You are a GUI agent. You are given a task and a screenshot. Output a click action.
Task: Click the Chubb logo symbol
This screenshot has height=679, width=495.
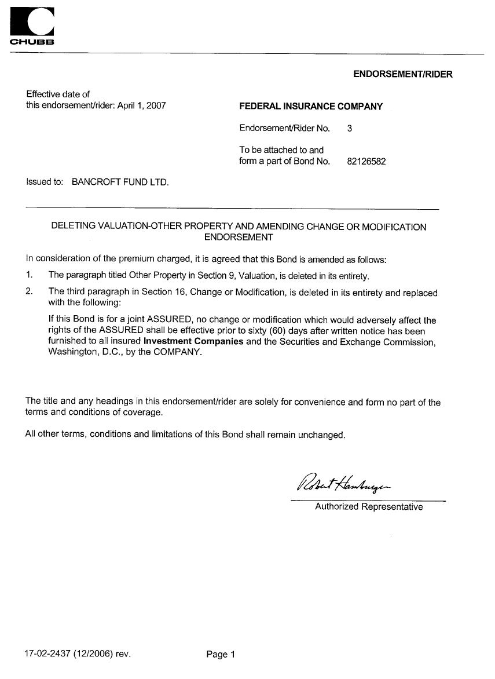tap(32, 23)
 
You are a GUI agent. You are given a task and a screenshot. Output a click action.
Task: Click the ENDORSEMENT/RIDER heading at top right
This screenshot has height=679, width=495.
tap(402, 74)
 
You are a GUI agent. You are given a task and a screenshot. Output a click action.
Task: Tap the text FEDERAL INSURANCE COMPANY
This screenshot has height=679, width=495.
tap(311, 107)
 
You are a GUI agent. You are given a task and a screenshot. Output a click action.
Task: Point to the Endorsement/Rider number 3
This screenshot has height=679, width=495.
tap(350, 129)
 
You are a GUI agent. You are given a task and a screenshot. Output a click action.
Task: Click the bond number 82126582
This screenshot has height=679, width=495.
tap(366, 162)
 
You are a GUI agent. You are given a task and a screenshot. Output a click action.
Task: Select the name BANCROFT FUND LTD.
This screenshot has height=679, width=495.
tap(120, 182)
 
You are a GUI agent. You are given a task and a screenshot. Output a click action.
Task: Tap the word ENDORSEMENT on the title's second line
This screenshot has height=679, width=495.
tap(239, 237)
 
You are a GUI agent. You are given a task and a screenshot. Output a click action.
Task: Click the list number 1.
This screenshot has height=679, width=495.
tap(29, 275)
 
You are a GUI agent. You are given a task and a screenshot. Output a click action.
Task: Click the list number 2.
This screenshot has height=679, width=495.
tap(29, 291)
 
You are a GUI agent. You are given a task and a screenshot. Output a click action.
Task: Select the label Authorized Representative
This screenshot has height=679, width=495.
tap(369, 507)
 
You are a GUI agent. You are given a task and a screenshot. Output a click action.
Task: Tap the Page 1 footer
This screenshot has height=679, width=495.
tap(221, 655)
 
